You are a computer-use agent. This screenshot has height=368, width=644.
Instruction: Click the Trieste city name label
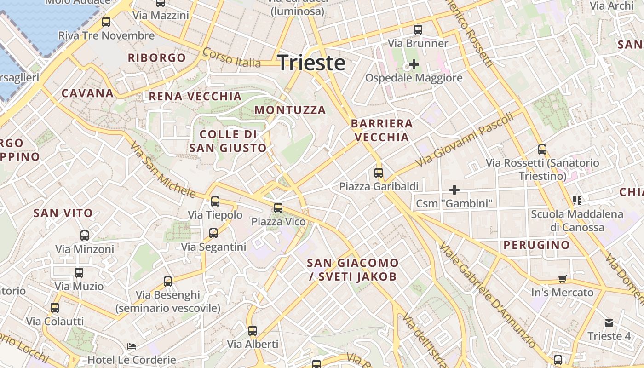point(311,63)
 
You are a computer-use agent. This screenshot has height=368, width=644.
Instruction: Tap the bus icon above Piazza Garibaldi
point(379,173)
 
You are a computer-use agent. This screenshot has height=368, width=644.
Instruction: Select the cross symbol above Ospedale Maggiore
point(414,64)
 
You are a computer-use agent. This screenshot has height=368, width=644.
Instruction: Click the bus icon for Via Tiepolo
point(215,201)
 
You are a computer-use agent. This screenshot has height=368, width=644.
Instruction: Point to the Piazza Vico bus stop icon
point(278,208)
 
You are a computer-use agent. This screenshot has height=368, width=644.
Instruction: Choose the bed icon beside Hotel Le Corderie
point(132,346)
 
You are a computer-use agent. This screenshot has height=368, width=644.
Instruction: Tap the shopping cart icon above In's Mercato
point(562,279)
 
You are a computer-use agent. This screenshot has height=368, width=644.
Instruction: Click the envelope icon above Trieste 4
point(609,323)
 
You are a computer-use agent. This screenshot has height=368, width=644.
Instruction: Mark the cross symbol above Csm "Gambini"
point(454,190)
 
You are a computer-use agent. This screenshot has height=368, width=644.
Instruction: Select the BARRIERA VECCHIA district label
point(382,130)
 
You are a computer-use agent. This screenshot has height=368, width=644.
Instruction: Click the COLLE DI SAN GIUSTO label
point(228,141)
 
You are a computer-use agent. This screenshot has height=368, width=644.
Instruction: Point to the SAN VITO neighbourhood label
point(63,213)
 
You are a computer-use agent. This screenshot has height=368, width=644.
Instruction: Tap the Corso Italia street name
point(231,57)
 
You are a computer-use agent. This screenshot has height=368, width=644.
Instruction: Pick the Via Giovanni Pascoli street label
point(465,140)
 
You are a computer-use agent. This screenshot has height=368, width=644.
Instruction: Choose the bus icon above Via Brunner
point(418,30)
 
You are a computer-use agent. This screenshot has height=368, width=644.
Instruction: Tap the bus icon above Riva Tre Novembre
point(106,22)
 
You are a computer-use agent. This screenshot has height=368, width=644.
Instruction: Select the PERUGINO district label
point(537,245)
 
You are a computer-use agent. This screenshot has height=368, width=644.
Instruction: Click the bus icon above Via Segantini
point(213,233)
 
